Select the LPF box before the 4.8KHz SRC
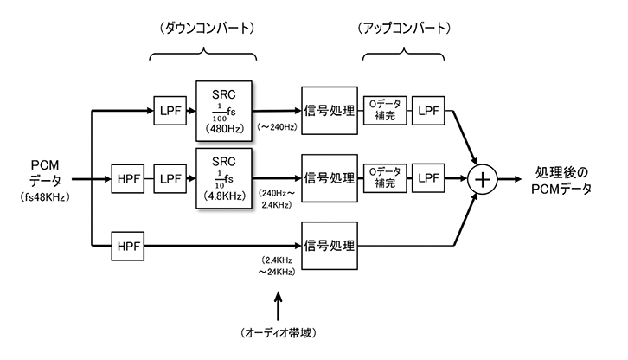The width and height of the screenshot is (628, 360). coord(170,180)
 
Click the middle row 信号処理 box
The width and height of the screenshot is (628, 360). coord(329,180)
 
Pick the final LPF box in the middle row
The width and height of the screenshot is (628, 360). coord(429,180)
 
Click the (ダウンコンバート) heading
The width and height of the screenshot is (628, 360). coord(204,28)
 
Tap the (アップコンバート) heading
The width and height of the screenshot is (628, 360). coord(404,28)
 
